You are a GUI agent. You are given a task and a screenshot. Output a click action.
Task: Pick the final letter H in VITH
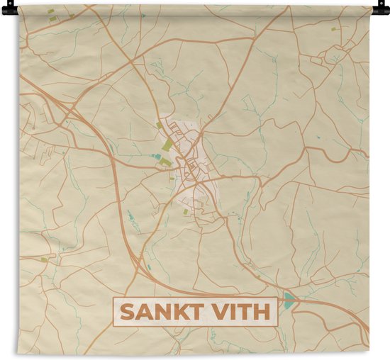click(x=262, y=312)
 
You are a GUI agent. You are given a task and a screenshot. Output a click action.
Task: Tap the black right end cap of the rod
click(x=383, y=9)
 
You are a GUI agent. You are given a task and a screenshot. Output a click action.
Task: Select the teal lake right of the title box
click(x=289, y=299)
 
